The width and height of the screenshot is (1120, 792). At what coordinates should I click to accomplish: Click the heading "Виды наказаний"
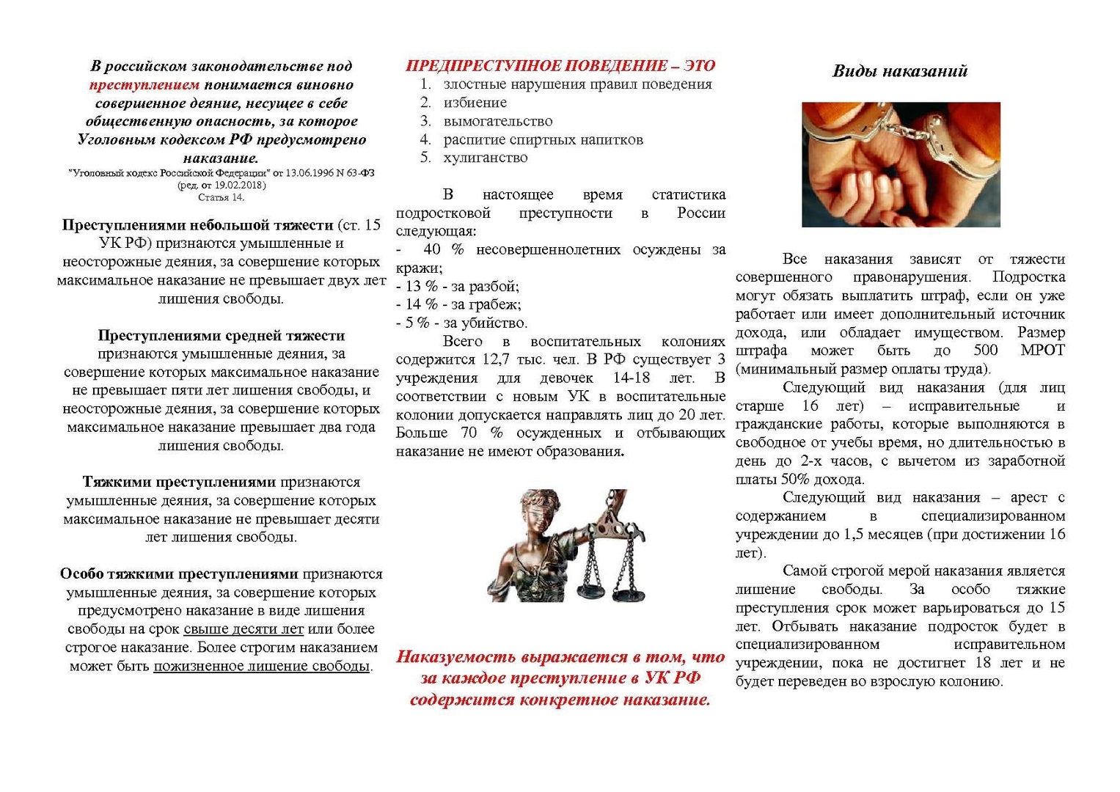coord(900,71)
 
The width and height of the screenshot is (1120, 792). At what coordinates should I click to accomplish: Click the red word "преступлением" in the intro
coord(144,85)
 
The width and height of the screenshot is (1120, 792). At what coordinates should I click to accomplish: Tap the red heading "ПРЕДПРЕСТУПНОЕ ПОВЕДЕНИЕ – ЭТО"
coord(560,66)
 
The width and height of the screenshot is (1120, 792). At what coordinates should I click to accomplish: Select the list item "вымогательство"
coord(498,121)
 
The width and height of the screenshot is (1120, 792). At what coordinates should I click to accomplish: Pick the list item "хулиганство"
coord(485,158)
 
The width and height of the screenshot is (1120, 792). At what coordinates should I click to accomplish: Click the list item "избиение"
coord(475,103)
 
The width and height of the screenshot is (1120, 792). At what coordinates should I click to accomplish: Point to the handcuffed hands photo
coord(901,164)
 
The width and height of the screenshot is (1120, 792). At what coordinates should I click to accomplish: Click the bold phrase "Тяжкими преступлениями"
coord(179,483)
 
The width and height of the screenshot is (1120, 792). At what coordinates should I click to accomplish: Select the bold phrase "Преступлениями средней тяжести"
coord(222,336)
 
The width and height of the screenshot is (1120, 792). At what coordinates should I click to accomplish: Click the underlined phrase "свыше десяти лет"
coord(244,629)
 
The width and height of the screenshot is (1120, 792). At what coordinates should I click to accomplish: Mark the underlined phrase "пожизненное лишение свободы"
coord(261,666)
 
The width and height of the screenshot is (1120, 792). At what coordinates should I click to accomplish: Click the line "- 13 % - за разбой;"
coord(458,286)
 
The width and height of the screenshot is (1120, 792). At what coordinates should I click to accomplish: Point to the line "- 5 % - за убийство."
coord(461,323)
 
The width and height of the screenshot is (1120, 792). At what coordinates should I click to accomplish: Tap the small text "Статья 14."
coord(221,197)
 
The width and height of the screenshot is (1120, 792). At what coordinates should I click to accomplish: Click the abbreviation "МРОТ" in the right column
coord(1042,351)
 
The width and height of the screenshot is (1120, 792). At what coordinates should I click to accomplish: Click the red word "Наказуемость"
coord(456,657)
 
